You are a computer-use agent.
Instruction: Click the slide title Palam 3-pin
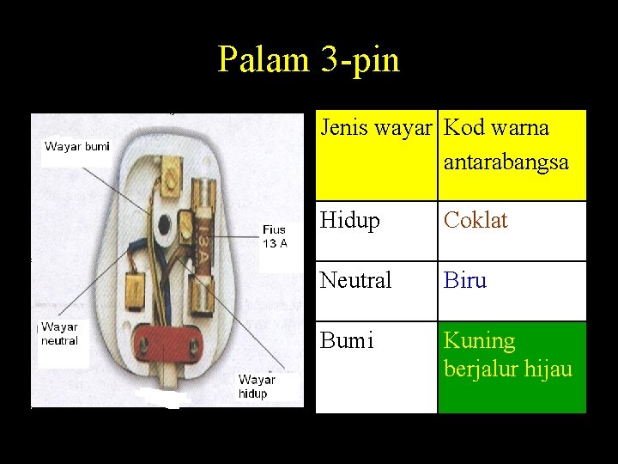308,59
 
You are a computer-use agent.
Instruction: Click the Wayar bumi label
77,146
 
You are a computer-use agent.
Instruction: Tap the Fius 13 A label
276,236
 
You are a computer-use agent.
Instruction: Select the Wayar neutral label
59,333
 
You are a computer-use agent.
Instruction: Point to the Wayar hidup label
257,386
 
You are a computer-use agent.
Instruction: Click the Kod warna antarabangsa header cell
512,155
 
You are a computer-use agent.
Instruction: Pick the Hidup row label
349,221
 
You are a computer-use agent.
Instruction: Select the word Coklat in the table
476,221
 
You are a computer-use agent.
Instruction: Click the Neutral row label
355,280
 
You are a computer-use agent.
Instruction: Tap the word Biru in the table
465,280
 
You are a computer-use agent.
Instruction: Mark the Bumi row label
347,341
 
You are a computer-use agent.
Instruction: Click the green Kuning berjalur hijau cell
512,367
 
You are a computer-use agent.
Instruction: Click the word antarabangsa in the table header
506,162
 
